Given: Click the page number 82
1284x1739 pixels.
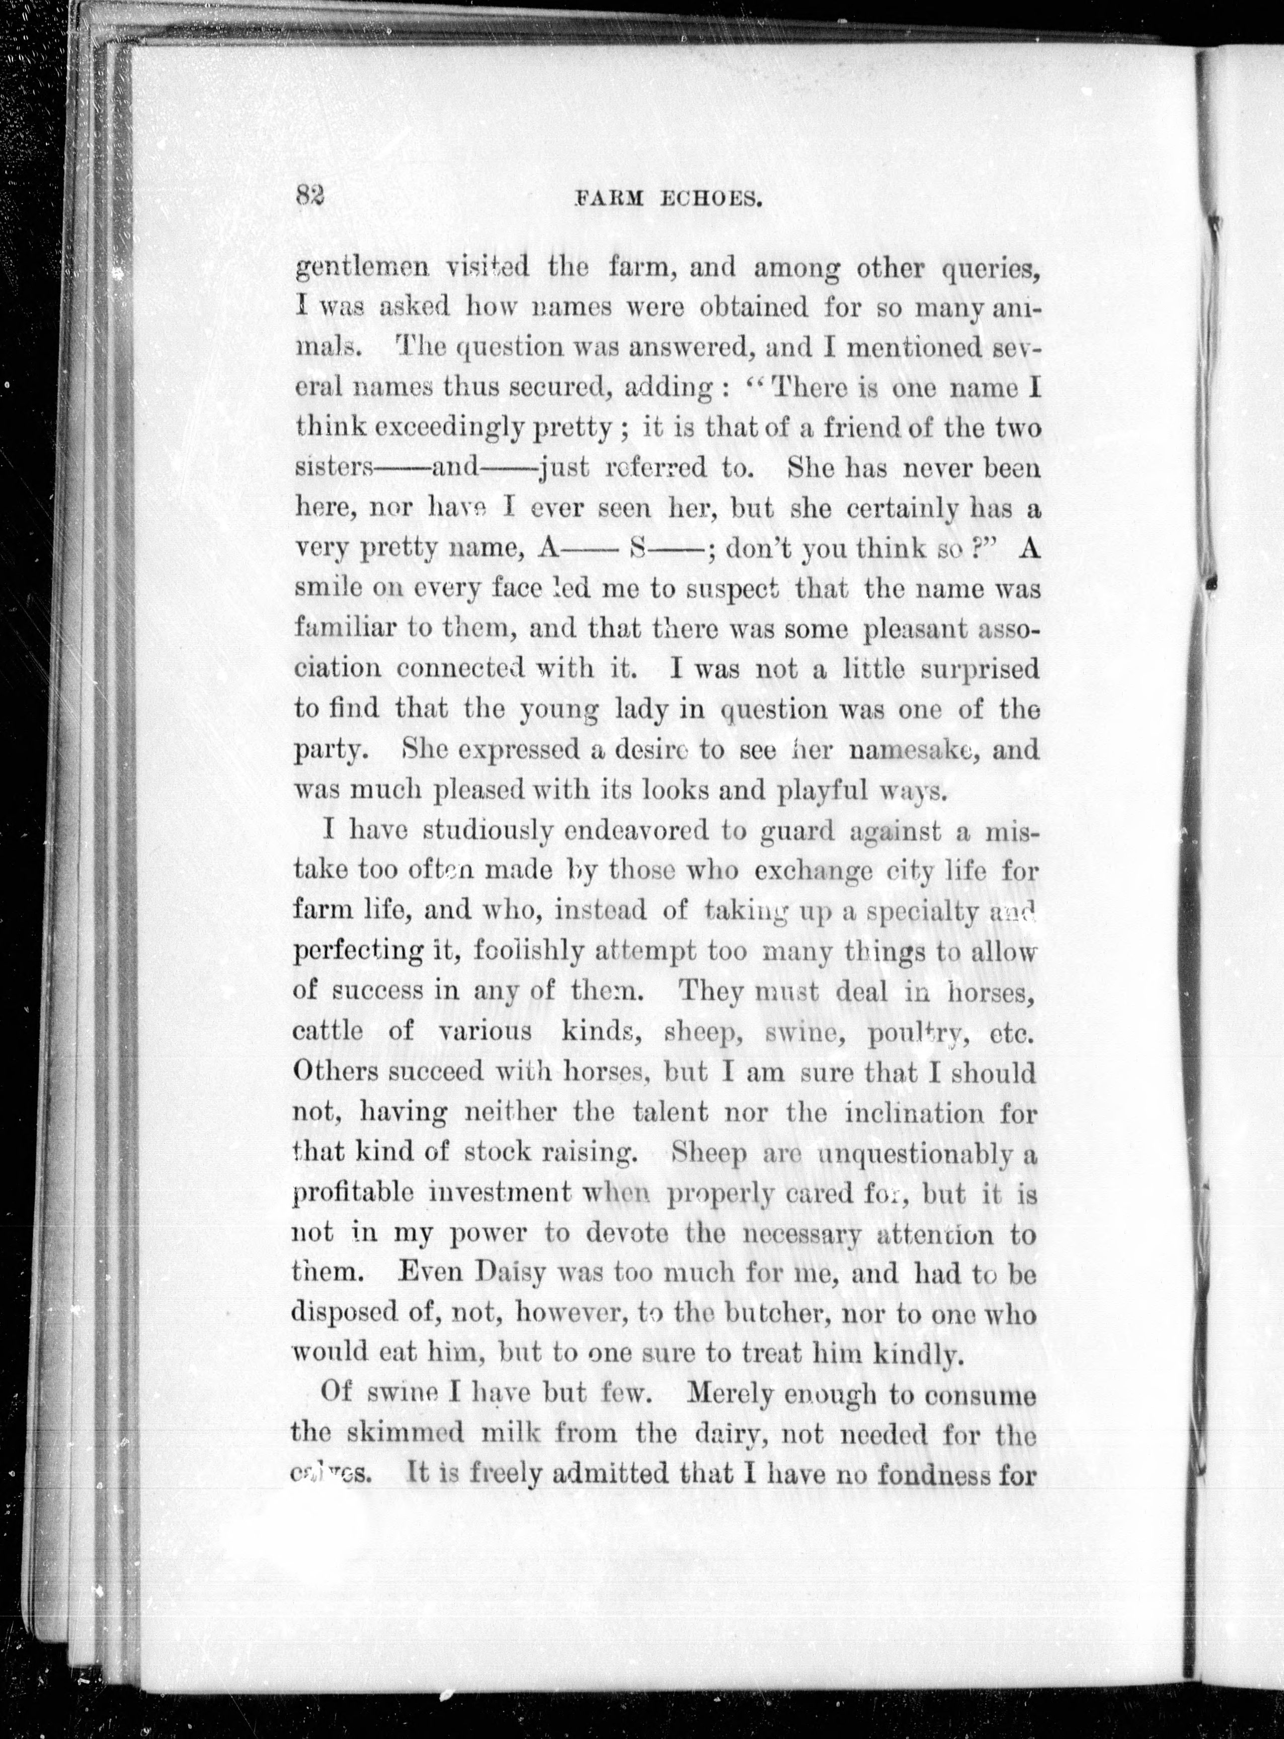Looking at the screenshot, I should [309, 195].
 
